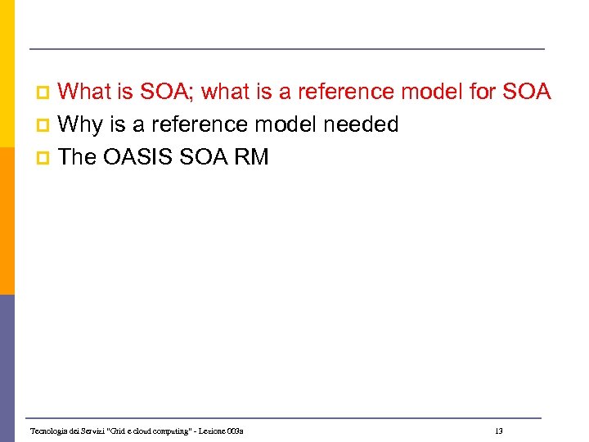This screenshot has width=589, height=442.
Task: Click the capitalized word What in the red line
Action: (x=86, y=92)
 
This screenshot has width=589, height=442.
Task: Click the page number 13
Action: (x=498, y=431)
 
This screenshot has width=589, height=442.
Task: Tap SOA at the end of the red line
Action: (x=528, y=92)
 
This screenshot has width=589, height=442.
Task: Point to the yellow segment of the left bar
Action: (x=7, y=82)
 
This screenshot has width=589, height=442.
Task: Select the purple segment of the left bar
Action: (x=7, y=368)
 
